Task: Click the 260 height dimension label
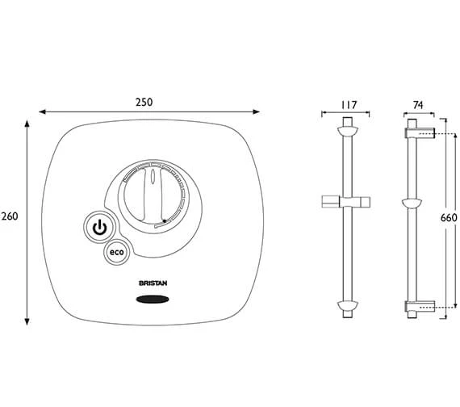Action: pos(10,216)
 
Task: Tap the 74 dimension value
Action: pos(418,105)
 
